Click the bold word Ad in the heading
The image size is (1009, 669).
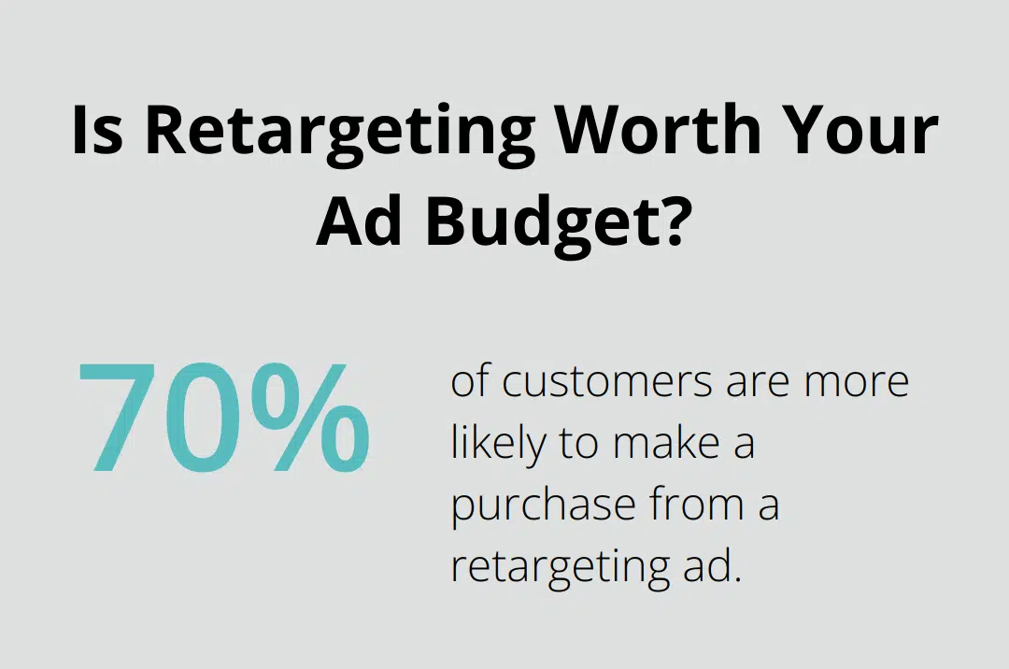point(362,224)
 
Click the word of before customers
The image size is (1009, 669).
point(469,383)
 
